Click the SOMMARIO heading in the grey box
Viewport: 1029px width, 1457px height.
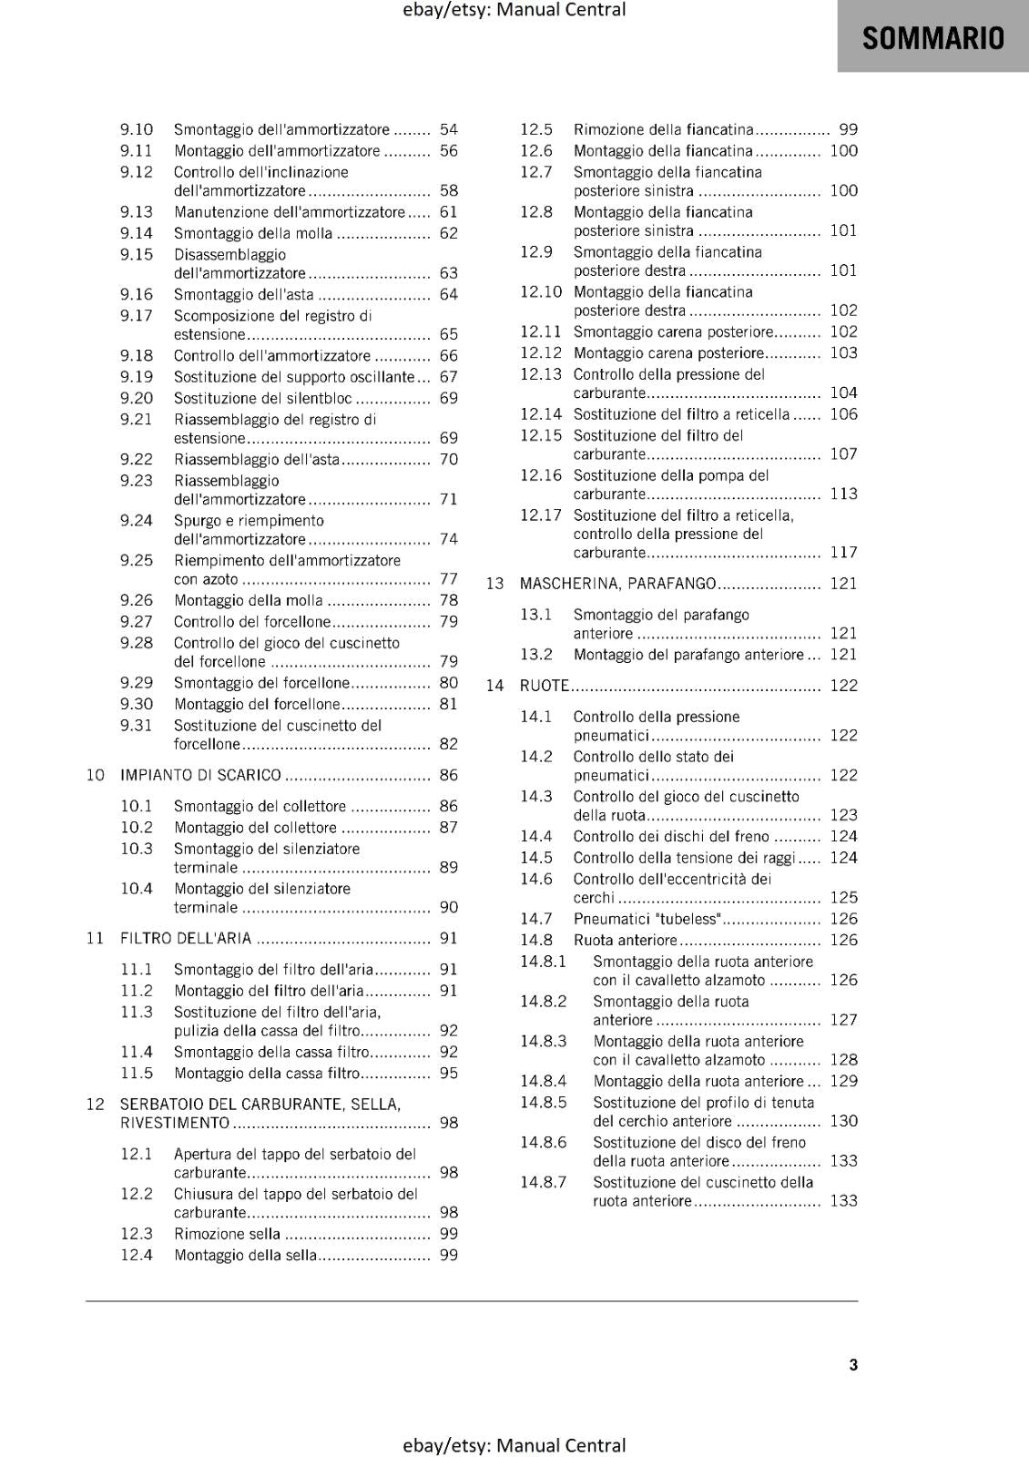tap(932, 38)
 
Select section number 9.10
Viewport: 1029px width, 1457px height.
tap(137, 130)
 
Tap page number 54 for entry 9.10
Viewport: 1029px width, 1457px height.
tap(448, 130)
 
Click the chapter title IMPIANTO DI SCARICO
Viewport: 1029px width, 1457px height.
tap(200, 776)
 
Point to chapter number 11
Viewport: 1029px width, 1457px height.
tap(96, 939)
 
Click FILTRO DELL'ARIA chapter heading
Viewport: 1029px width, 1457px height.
tap(186, 939)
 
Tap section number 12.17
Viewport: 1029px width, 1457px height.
tap(540, 515)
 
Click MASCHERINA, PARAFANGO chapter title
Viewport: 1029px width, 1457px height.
tap(617, 584)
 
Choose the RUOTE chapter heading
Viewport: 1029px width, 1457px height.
tap(544, 686)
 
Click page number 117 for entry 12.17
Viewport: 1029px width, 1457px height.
tap(843, 553)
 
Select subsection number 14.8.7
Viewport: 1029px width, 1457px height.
tap(543, 1183)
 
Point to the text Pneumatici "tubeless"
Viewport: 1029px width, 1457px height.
tap(647, 919)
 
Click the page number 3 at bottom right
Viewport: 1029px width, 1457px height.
tap(853, 1365)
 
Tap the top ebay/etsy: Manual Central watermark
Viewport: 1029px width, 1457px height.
tap(514, 10)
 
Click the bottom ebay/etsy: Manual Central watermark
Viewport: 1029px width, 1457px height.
tap(514, 1445)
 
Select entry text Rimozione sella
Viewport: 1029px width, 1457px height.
tap(227, 1235)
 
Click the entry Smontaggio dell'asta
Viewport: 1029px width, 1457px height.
tap(243, 295)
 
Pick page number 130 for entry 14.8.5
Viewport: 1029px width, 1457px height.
tap(843, 1122)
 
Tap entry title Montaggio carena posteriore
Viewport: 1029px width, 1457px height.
tap(668, 353)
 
